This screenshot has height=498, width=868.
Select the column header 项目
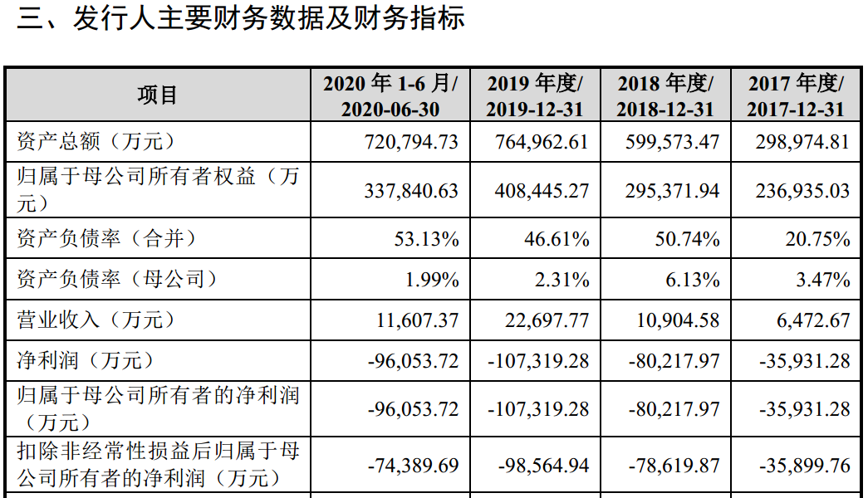[158, 95]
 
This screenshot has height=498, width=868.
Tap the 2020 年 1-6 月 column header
[390, 95]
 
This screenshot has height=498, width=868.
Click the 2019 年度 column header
[535, 95]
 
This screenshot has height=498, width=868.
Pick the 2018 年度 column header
[665, 95]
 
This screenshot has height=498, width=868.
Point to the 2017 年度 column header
[796, 95]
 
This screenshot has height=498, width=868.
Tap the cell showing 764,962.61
[542, 142]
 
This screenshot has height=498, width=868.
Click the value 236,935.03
[802, 191]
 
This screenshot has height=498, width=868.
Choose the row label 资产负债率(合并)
[107, 239]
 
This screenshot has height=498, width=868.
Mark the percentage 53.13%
[426, 239]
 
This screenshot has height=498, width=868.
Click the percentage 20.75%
[817, 239]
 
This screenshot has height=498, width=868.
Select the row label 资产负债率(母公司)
[117, 280]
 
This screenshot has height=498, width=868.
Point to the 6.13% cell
[692, 280]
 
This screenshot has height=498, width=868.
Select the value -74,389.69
[413, 466]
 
